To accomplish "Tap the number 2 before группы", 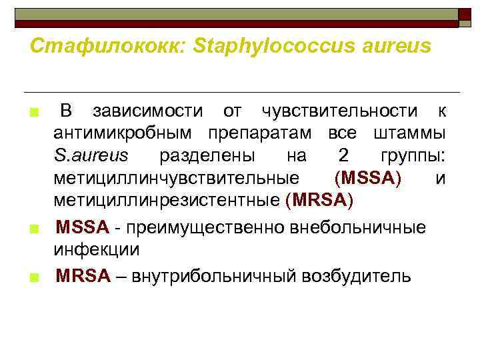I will click(x=343, y=155).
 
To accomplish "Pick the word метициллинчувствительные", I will click(x=176, y=178).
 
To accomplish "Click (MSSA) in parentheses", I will click(x=368, y=178).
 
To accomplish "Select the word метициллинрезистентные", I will click(x=167, y=200).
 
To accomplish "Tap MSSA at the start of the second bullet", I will click(x=82, y=227).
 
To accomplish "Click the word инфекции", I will click(x=97, y=249).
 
